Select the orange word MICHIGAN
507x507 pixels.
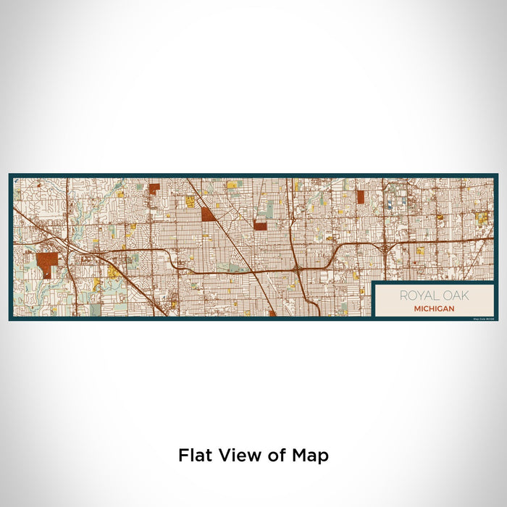[435, 308]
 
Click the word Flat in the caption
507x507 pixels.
[194, 456]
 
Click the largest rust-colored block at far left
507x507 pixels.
[46, 261]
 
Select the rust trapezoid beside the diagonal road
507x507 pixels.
[207, 214]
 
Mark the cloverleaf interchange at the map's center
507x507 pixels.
[298, 268]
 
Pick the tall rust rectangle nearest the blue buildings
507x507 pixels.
[360, 197]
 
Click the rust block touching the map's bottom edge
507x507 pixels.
[272, 314]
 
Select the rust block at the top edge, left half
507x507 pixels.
[154, 189]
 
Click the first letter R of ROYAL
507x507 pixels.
[402, 296]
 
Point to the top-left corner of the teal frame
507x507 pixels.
[11, 175]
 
